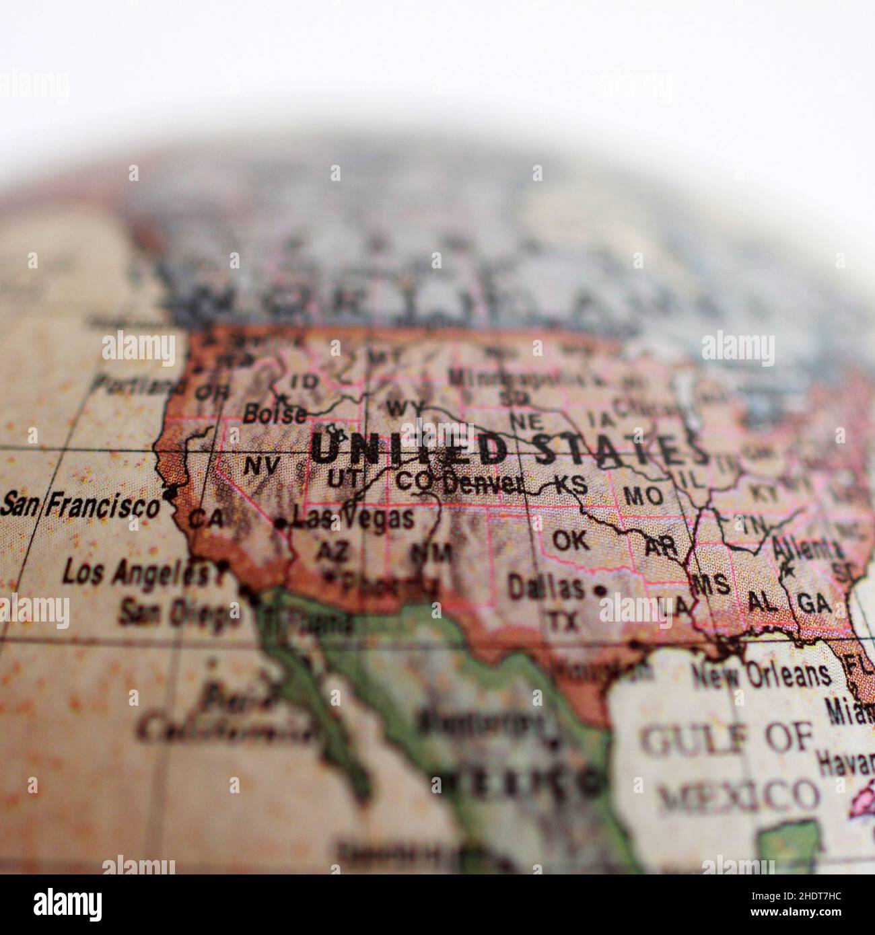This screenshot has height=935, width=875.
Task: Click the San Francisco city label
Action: [x=81, y=504]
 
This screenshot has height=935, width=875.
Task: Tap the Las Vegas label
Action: [x=354, y=519]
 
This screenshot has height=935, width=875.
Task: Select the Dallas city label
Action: [x=546, y=588]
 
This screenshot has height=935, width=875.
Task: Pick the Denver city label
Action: [x=484, y=482]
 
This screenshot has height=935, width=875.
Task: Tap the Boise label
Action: [x=275, y=414]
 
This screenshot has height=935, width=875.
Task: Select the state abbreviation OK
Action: [x=570, y=539]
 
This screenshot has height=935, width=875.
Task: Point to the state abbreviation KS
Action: [x=571, y=485]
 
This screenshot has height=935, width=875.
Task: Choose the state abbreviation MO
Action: [x=643, y=496]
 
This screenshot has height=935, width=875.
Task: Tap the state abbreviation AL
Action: [x=763, y=601]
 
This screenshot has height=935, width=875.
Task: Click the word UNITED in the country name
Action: [x=409, y=449]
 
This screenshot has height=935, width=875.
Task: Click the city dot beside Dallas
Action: [x=600, y=591]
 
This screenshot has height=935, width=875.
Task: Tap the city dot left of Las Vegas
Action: [x=281, y=523]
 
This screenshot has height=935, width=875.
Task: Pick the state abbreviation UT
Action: [x=345, y=480]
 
